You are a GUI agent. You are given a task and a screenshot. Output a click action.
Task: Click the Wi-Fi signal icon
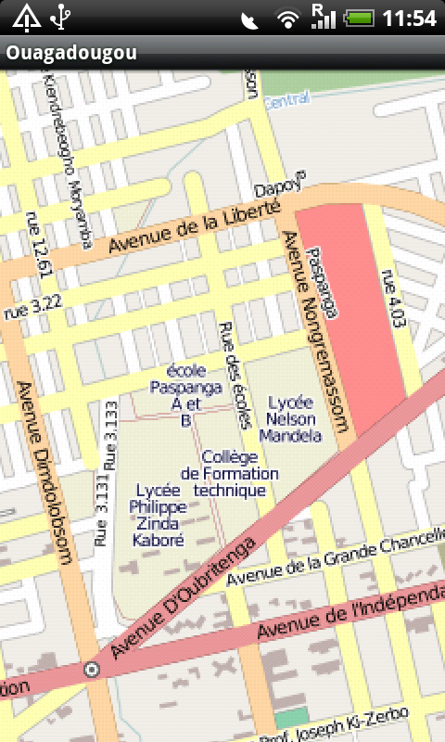[288, 18]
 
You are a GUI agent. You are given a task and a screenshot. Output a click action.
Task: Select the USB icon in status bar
[61, 17]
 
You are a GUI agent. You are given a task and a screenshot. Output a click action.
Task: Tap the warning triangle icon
[26, 17]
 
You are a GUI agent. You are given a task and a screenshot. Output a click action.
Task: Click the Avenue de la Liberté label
[194, 229]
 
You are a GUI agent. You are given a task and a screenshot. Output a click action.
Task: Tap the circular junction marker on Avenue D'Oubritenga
[91, 669]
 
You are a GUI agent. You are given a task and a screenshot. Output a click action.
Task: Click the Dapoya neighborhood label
[286, 186]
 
